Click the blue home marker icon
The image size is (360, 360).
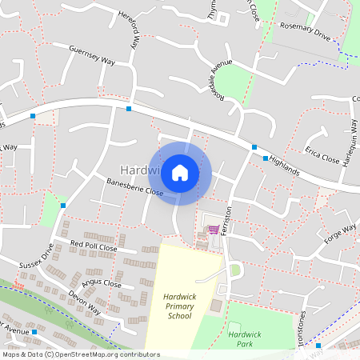pyautogui.click(x=180, y=173)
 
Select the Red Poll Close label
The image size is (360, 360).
pyautogui.click(x=94, y=246)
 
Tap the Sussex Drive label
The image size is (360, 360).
pyautogui.click(x=36, y=255)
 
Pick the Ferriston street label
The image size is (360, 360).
pyautogui.click(x=226, y=218)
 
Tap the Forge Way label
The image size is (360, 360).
pyautogui.click(x=340, y=235)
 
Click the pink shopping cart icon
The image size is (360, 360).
pyautogui.click(x=213, y=230)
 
